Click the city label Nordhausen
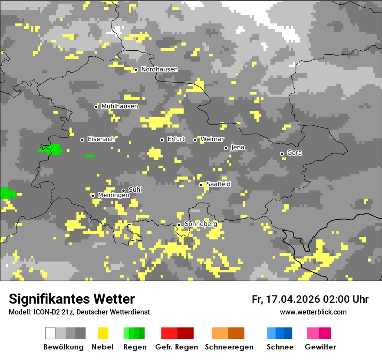(159, 69)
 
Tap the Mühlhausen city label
(119, 106)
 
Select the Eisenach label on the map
(101, 139)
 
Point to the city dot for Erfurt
(162, 140)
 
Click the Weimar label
(212, 139)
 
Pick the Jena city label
(237, 147)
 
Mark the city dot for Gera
(282, 154)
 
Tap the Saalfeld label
(218, 184)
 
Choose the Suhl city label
(135, 190)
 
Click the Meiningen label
(113, 195)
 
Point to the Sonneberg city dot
(179, 225)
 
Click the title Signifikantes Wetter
(72, 299)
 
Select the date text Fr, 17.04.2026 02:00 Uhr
(310, 299)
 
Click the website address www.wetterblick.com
(313, 312)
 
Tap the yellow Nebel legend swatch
(103, 333)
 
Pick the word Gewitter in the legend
(320, 347)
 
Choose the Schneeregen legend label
(229, 347)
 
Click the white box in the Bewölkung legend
(50, 333)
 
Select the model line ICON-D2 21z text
(79, 312)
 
